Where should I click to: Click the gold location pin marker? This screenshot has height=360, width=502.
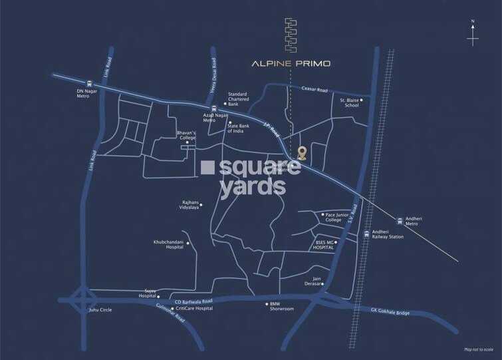click(x=302, y=153)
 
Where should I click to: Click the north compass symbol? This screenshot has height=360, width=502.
click(x=472, y=35)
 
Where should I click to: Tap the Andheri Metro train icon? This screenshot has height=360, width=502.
click(x=399, y=220)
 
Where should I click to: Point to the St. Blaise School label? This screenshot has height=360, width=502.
click(x=350, y=102)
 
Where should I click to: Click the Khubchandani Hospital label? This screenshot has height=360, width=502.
click(x=168, y=245)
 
